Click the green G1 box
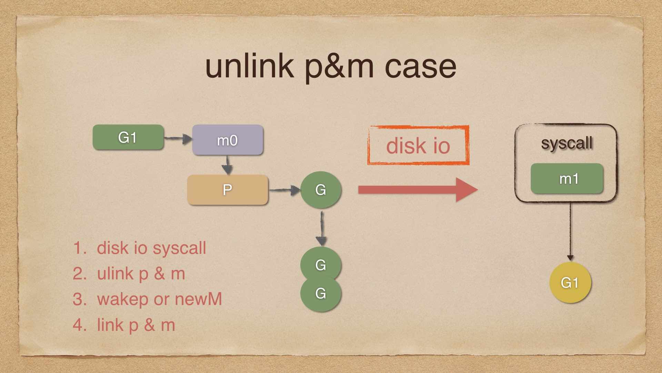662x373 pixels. click(x=128, y=137)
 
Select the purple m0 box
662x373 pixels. click(x=228, y=140)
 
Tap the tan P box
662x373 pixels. click(x=227, y=190)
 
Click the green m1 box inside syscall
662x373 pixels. click(x=567, y=179)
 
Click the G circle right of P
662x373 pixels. click(x=321, y=190)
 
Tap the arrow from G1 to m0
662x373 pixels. click(x=178, y=139)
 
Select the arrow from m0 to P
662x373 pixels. click(x=227, y=165)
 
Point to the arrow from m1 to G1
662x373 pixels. click(x=570, y=231)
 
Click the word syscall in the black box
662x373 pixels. click(x=566, y=143)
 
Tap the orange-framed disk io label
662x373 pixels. click(x=418, y=145)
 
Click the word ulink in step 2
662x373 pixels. click(x=116, y=274)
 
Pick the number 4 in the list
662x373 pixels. click(x=79, y=325)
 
